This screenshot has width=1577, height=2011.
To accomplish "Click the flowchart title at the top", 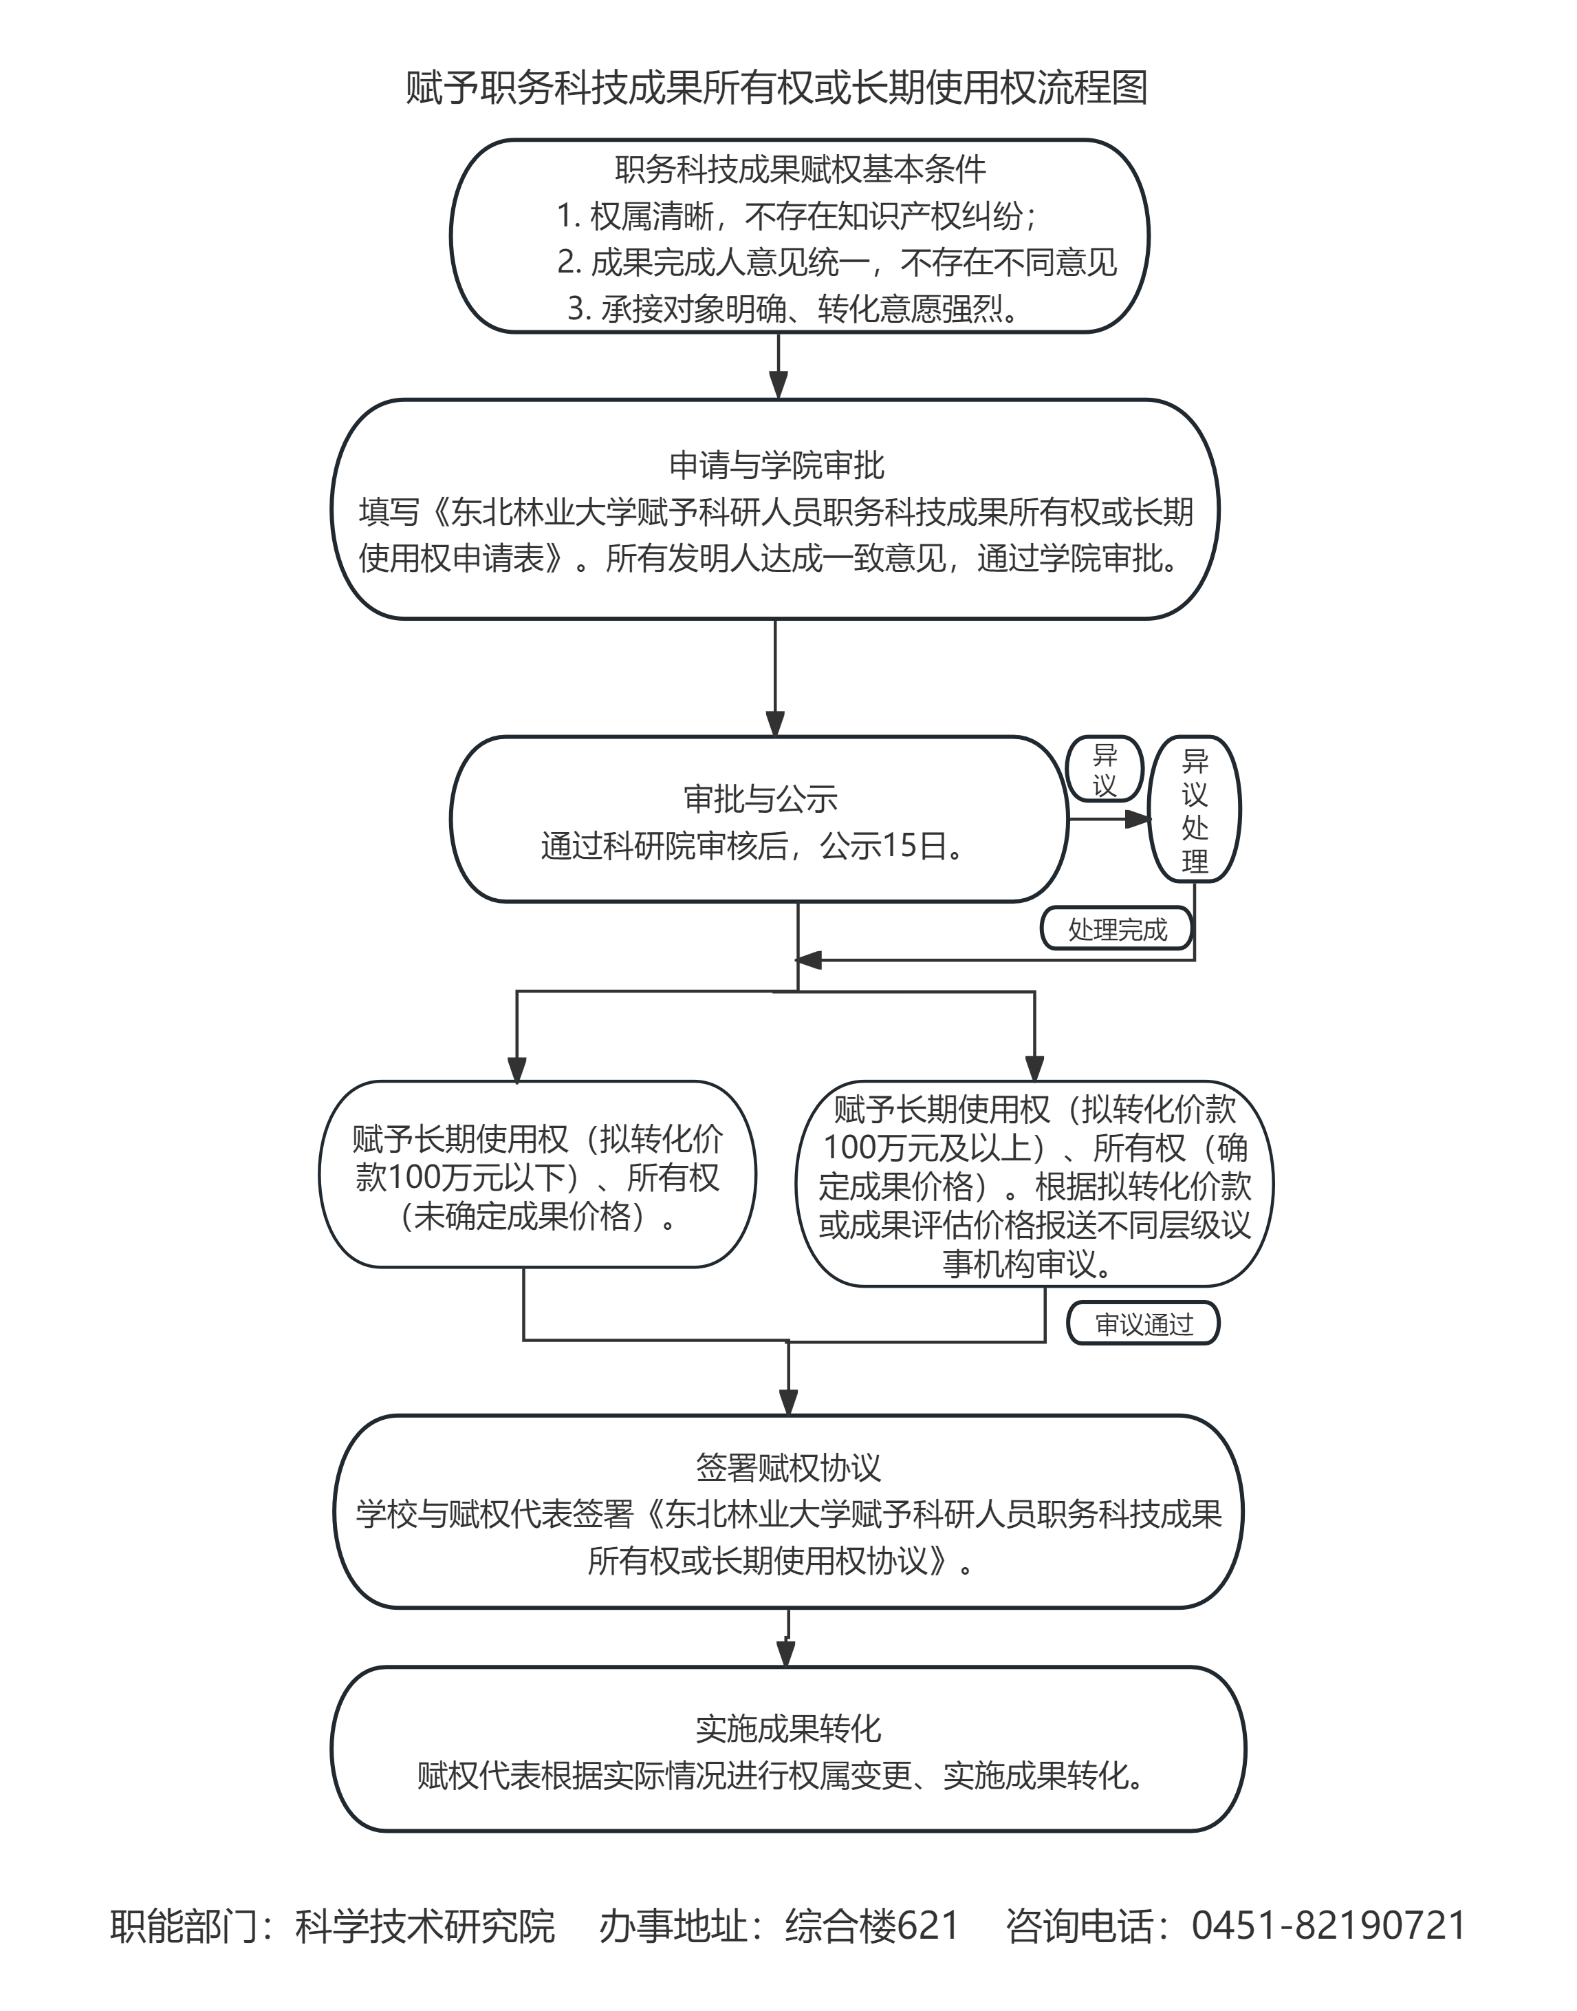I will pos(776,89).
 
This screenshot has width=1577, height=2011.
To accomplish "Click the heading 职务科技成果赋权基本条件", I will pos(800,169).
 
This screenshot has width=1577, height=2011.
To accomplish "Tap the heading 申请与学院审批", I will pos(776,465).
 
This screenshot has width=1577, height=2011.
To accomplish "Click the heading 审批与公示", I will pos(760,798).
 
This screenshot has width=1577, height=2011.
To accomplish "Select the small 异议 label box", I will pos(1105,769).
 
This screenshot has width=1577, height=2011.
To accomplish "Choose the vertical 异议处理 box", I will pos(1194,810).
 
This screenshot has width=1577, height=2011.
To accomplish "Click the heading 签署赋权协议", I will pos(787,1468).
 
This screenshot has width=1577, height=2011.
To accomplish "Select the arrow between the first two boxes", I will pos(779,367).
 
